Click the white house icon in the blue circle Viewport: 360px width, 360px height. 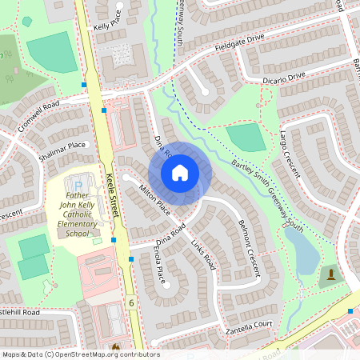coord(180,172)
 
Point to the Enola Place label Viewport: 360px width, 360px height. coord(159,266)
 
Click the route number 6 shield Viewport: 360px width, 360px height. coord(130,302)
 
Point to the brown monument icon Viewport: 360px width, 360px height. coord(330,276)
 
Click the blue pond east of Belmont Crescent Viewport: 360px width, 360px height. coord(302,253)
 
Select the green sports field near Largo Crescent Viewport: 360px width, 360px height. coord(247,138)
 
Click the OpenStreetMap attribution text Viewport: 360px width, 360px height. coord(80,354)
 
